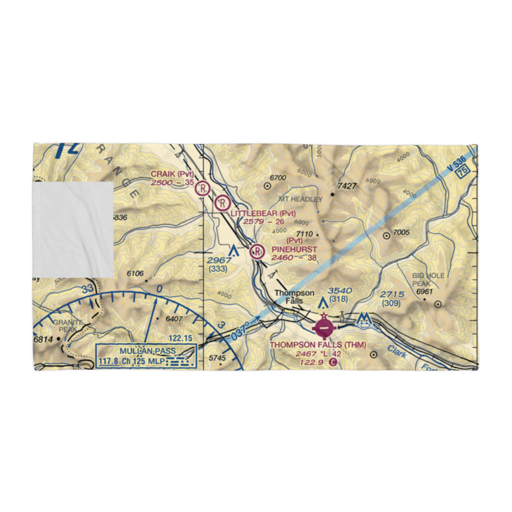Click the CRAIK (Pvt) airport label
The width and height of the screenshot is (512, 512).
(x=172, y=175)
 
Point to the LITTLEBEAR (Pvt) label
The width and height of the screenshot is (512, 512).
(x=263, y=214)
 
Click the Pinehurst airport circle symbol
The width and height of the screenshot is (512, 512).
(x=257, y=251)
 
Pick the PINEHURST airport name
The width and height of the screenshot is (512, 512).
(x=291, y=249)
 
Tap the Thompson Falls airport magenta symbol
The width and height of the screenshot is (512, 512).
(x=323, y=326)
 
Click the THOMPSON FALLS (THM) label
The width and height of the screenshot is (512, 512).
(x=318, y=345)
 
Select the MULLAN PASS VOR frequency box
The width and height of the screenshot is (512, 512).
(x=146, y=356)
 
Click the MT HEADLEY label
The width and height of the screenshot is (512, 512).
(x=301, y=199)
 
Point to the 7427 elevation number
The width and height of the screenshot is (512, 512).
(x=347, y=186)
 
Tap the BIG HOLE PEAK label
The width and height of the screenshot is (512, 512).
(x=429, y=279)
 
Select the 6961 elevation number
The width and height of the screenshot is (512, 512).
(x=424, y=291)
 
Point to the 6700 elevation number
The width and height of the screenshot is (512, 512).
(x=276, y=178)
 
